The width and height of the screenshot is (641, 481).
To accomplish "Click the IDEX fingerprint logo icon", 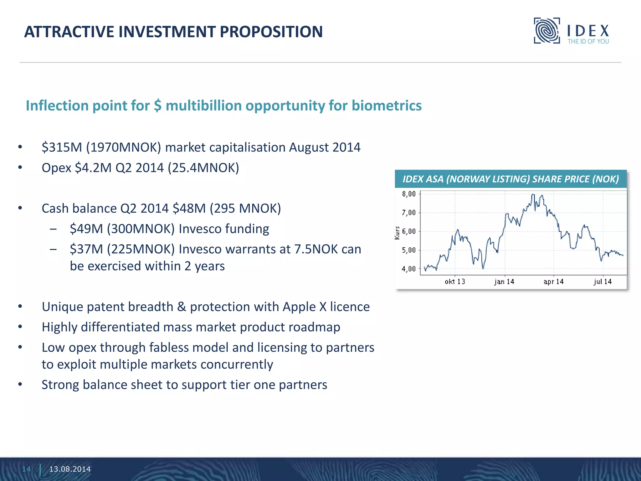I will (x=547, y=31).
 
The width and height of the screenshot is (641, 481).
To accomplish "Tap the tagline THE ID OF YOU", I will (x=588, y=42).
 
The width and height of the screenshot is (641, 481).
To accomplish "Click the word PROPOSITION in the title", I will (x=271, y=32).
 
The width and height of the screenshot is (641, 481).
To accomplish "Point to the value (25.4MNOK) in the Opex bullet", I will (x=203, y=168).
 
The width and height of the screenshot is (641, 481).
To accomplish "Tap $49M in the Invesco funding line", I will (x=86, y=229).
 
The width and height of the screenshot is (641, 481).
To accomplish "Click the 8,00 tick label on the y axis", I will (x=408, y=194).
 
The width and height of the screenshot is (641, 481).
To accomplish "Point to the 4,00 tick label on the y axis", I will (x=408, y=269).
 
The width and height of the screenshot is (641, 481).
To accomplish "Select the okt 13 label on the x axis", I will (x=455, y=282).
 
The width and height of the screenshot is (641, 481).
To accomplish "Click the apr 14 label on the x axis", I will (x=553, y=282).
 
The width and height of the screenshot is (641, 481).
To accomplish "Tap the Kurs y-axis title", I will (x=397, y=233).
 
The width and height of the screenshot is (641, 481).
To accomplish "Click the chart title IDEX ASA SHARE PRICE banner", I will (x=510, y=179).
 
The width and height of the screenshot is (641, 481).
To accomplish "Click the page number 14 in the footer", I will (x=26, y=469).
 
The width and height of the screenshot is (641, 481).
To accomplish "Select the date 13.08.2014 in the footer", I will (x=70, y=469).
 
